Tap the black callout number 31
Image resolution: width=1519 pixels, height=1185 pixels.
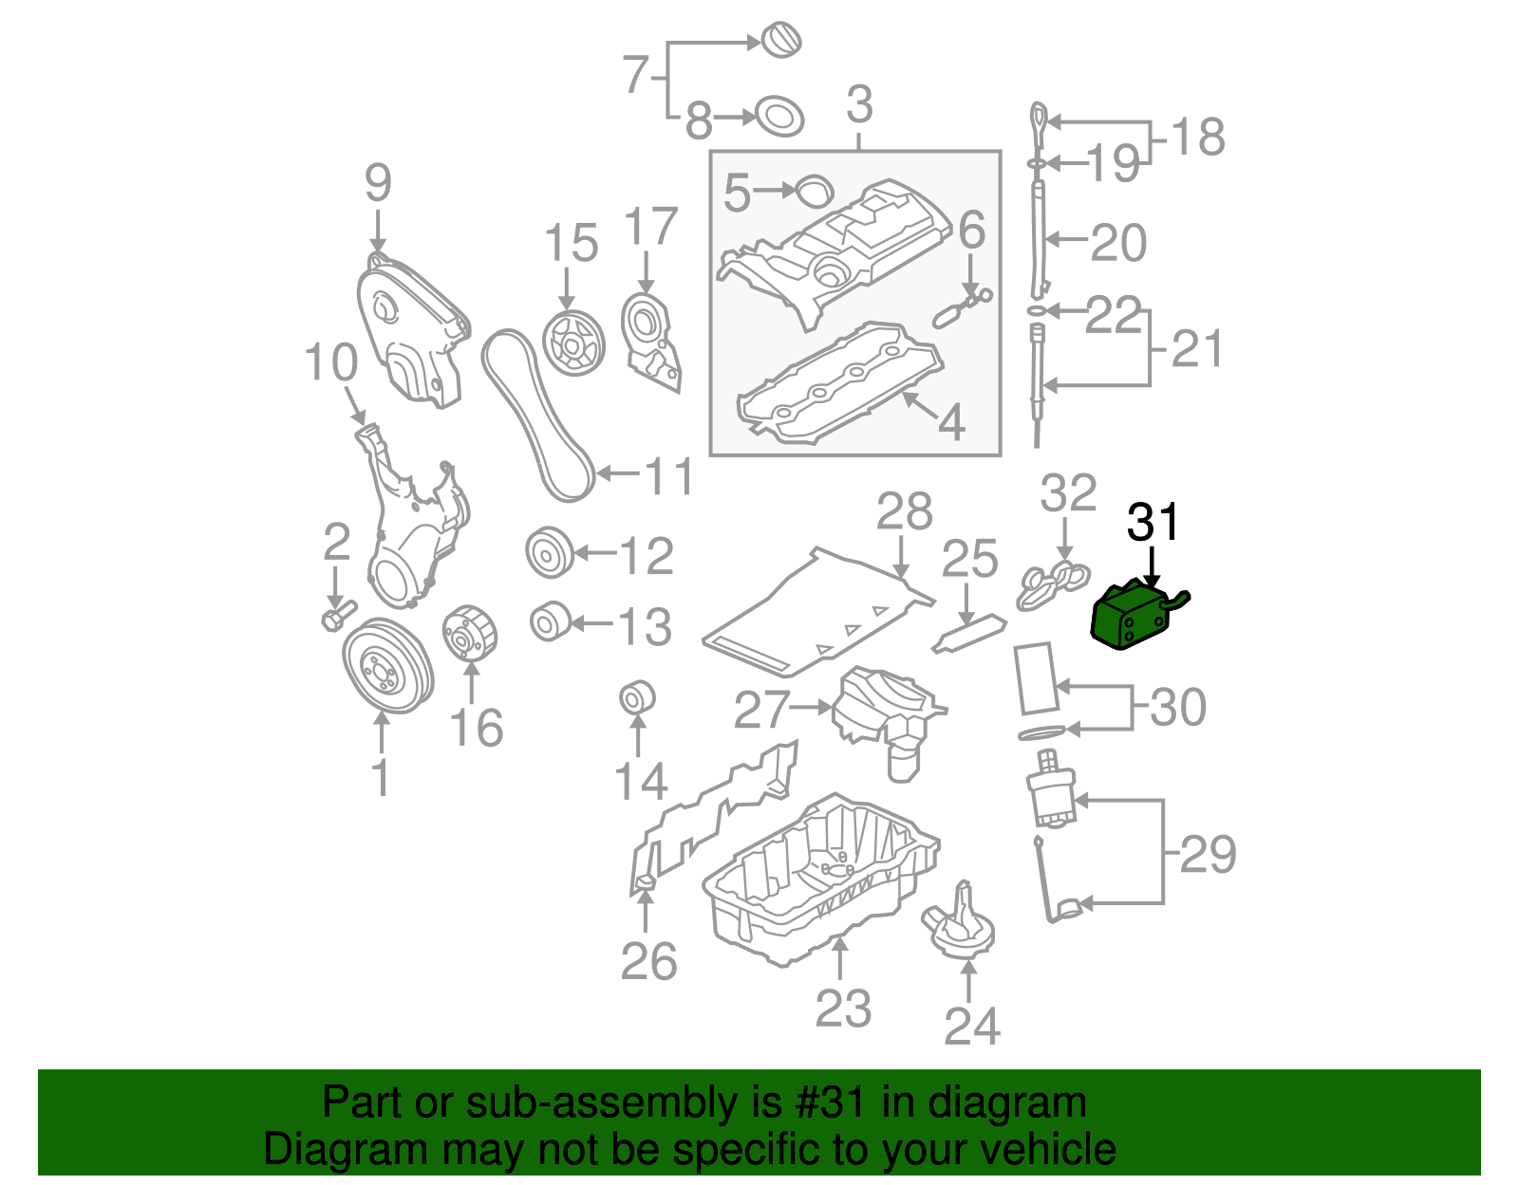tap(1153, 523)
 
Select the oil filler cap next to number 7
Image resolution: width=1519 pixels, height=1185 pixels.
tap(782, 40)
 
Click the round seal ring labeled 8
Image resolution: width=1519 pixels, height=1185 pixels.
tap(778, 118)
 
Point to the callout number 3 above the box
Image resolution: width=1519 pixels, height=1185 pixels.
tap(859, 104)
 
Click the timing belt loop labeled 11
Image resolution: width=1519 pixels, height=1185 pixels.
tap(536, 417)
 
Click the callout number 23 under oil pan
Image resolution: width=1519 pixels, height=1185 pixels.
tap(842, 1009)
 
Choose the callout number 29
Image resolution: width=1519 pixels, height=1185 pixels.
tap(1208, 854)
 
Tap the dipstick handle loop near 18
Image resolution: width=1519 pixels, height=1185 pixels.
tap(1039, 121)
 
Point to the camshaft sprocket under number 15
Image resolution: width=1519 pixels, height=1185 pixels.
tap(573, 343)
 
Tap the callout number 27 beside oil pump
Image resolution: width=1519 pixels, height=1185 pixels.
tap(761, 709)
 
